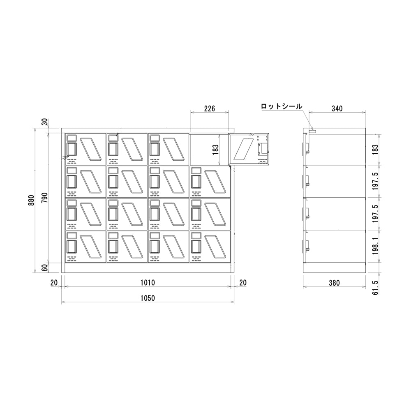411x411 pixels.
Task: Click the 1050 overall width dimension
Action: click(148, 298)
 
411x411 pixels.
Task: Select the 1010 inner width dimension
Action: click(148, 283)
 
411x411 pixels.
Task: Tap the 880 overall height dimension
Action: click(32, 200)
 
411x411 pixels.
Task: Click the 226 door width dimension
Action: click(210, 108)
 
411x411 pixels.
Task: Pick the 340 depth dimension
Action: click(337, 108)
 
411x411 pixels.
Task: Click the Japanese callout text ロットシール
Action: click(282, 106)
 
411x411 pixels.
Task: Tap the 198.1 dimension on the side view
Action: click(375, 246)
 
